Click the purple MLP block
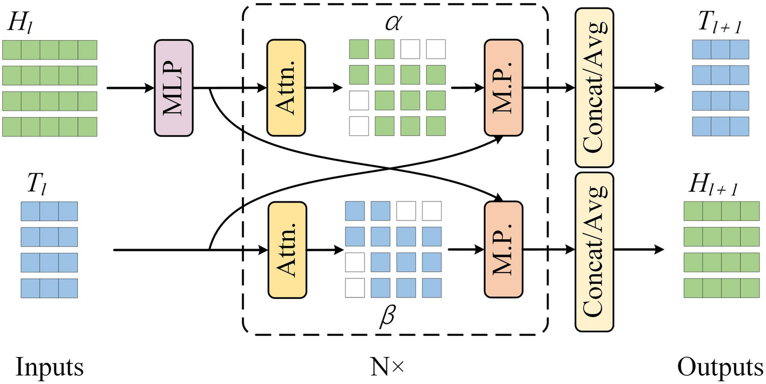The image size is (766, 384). coord(174,87)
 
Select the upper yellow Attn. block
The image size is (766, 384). coord(286,87)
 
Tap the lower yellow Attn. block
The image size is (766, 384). coord(286,250)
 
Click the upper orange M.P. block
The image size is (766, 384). coord(503,87)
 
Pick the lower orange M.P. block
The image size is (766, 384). coord(503,250)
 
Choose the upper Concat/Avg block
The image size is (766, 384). coord(593,87)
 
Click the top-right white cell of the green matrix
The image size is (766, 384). coord(435,49)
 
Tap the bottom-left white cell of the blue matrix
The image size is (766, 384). coord(355,288)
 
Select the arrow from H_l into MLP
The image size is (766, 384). coord(130,87)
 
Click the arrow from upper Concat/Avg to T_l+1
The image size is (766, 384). coord(638,87)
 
